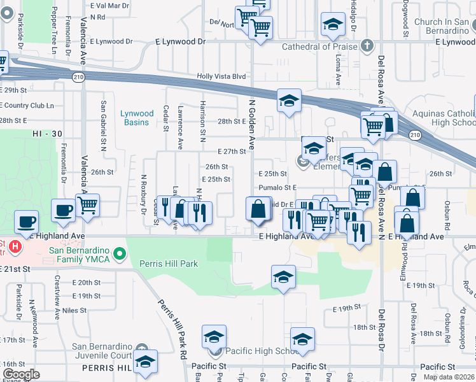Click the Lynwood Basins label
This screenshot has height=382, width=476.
coord(137,118)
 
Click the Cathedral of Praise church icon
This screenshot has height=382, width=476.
coord(367,46)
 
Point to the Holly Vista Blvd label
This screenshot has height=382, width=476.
coord(221,76)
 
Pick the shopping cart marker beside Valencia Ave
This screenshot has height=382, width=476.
coord(88,206)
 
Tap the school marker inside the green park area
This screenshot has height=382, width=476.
coord(283,277)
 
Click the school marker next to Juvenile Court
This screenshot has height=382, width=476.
coord(146,362)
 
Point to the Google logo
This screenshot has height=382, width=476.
coord(21,374)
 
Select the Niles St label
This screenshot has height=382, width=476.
coord(74,311)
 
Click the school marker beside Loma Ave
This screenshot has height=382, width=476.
coord(331,25)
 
